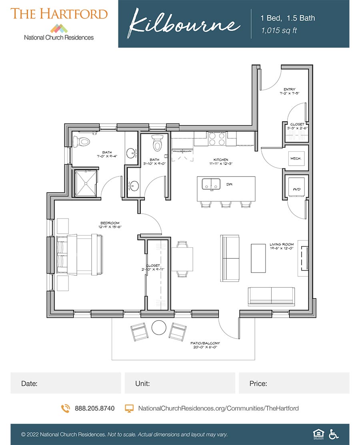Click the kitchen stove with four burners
click(x=216, y=139)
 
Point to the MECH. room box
click(x=296, y=158)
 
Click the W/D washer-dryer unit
click(x=296, y=187)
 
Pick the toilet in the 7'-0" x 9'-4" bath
click(x=83, y=141)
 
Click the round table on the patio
click(x=158, y=328)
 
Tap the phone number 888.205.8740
click(x=94, y=409)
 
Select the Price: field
click(x=294, y=383)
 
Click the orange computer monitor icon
click(x=129, y=409)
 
